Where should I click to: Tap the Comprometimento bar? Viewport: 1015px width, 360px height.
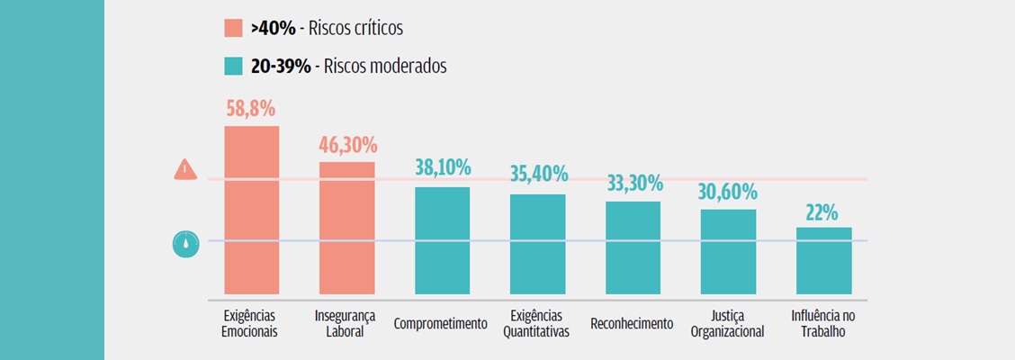click(x=442, y=240)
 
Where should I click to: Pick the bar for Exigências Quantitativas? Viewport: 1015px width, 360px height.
click(x=537, y=244)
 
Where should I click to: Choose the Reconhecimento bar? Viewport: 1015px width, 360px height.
click(x=633, y=247)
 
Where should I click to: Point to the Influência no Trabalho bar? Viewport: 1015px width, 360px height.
click(x=823, y=260)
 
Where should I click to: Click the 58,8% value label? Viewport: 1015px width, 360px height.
click(x=251, y=110)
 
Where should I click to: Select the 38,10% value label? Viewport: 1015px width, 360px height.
click(x=442, y=168)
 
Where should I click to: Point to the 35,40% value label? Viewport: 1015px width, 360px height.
click(x=537, y=174)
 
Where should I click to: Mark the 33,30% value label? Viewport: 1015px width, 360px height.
click(x=633, y=183)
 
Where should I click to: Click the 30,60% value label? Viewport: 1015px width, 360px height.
click(x=728, y=192)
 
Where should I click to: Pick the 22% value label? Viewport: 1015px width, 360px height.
click(x=822, y=212)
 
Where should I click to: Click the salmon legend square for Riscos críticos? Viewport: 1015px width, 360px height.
click(x=233, y=28)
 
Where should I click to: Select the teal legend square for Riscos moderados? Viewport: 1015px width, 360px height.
click(x=233, y=66)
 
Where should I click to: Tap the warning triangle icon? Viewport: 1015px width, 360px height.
click(x=185, y=168)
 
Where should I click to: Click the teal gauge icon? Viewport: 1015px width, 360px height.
click(x=185, y=243)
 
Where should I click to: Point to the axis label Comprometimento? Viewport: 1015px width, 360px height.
click(x=441, y=324)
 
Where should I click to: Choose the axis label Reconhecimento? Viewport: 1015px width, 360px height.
click(x=632, y=324)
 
